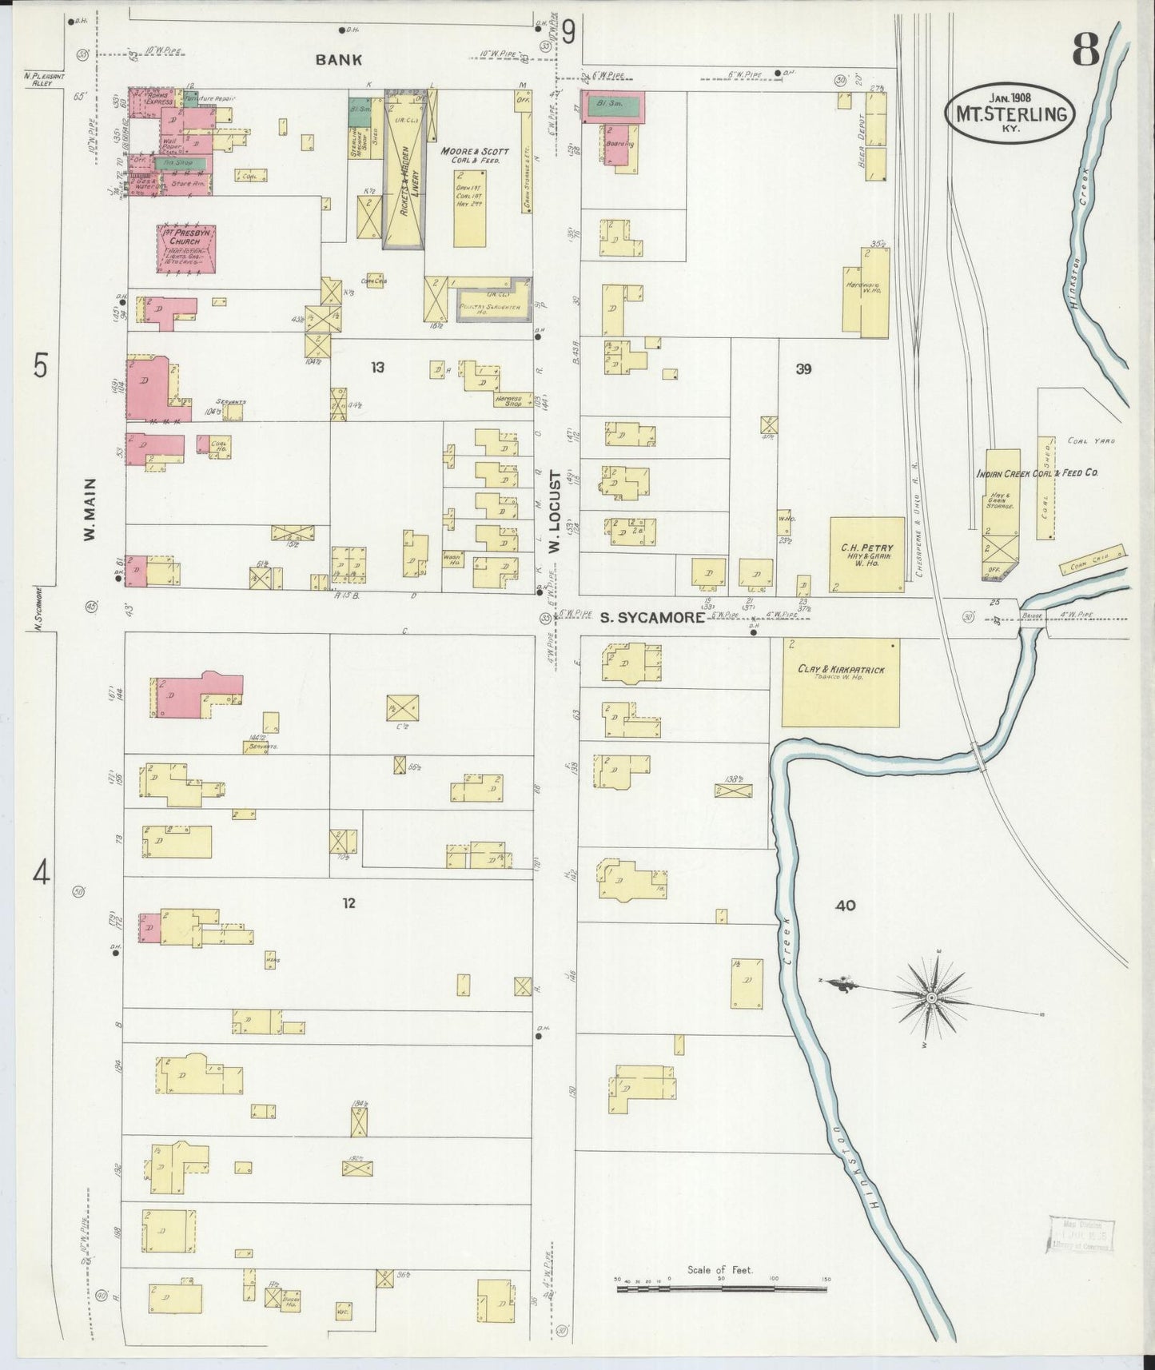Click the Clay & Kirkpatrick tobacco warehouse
point(839,682)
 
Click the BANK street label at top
point(338,59)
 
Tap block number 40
point(846,906)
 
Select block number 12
point(348,903)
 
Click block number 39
point(803,368)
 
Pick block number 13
point(377,367)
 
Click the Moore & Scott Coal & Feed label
point(474,155)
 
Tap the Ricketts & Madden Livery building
point(404,169)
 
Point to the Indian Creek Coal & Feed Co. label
point(1037,473)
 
